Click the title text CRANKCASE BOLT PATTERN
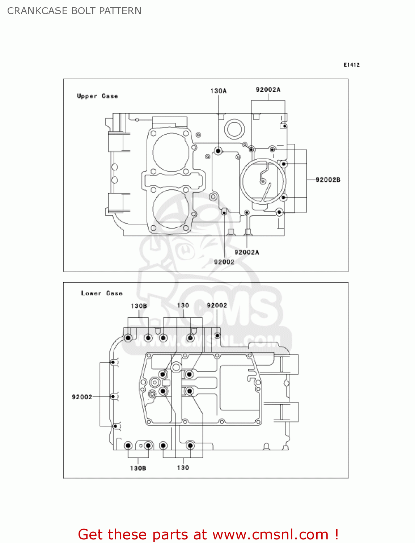(74, 11)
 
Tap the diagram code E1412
(351, 65)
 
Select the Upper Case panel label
(97, 96)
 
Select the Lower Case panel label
(102, 293)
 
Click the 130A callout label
(218, 91)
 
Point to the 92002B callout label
(328, 180)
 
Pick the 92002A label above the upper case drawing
(268, 90)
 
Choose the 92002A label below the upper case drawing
(246, 252)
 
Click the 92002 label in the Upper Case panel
(224, 262)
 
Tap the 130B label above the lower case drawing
(139, 306)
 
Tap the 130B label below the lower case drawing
(138, 468)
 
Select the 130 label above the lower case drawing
(183, 306)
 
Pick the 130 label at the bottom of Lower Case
(183, 468)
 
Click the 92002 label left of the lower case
(82, 397)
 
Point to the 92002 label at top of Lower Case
(217, 306)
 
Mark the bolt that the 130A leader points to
(218, 151)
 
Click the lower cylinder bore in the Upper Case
(171, 209)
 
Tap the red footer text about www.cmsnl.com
(208, 534)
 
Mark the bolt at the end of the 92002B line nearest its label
(284, 164)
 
